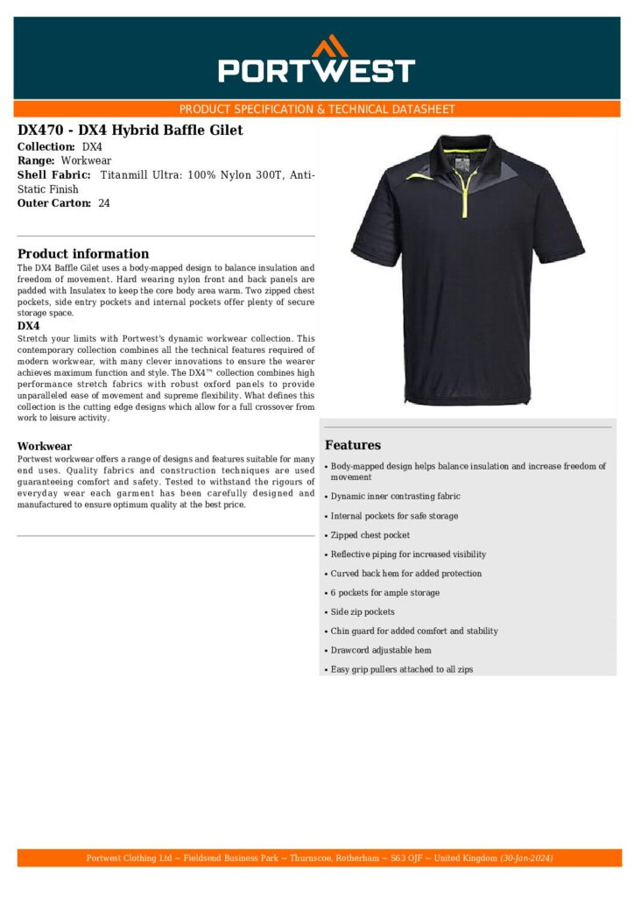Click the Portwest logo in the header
(316, 60)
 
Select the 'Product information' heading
(83, 254)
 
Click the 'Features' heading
(352, 445)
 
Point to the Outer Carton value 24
(104, 203)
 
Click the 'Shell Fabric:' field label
(54, 175)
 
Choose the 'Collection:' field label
(46, 147)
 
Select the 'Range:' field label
(36, 161)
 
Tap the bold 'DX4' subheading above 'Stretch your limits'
(28, 326)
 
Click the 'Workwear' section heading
(45, 446)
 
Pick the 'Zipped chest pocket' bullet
(370, 535)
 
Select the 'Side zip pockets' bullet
(363, 612)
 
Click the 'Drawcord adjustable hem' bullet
(381, 651)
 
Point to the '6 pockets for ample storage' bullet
(385, 593)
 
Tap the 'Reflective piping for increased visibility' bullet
(408, 554)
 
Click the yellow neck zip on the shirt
(465, 188)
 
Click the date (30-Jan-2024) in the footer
(526, 858)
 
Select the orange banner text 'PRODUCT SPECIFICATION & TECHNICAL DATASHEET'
(317, 109)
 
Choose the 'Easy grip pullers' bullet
(402, 670)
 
